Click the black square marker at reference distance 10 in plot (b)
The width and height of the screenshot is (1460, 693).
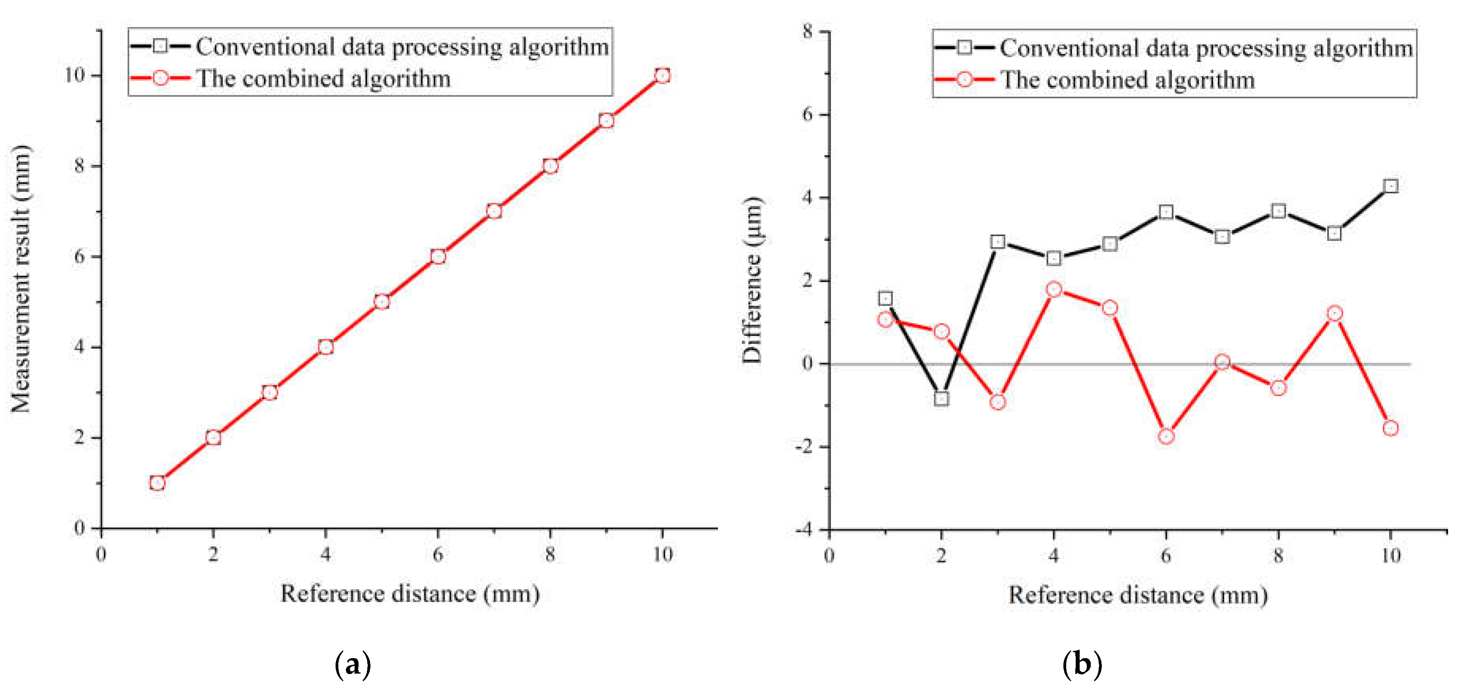pos(1390,186)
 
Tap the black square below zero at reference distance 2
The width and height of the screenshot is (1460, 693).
pos(941,399)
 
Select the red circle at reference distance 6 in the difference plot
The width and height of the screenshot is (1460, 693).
pos(1166,436)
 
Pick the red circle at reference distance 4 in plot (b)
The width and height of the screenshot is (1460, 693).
pos(1053,290)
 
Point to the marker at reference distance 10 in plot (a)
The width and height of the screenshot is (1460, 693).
pos(662,75)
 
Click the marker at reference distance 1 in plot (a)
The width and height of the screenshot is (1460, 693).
pos(158,483)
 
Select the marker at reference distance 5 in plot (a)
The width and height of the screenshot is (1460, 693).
pos(382,302)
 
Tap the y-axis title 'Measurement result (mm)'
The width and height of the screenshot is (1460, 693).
pos(21,279)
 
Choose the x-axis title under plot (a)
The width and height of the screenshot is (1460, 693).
pos(410,594)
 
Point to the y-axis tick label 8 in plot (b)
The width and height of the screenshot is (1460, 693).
pos(807,31)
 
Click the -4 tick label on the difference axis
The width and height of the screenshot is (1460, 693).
pos(803,529)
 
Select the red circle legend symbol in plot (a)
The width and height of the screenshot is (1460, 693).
pos(160,78)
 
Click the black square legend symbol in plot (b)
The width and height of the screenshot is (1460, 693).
pos(964,47)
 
